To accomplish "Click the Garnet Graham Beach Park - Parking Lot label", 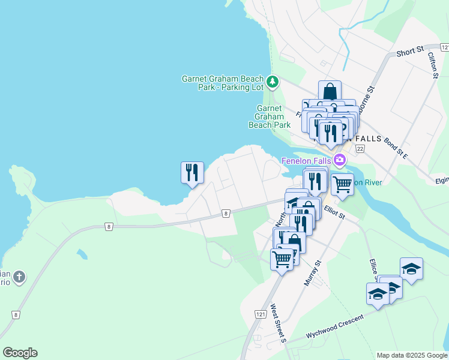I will click(x=223, y=83).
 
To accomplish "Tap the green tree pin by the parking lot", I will click(x=273, y=81).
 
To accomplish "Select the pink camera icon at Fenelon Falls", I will click(x=340, y=160).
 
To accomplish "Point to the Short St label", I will click(x=410, y=52).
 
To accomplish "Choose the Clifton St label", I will click(x=433, y=65).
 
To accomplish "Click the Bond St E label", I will click(x=396, y=147).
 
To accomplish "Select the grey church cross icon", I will click(x=19, y=277).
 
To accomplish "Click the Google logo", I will click(x=20, y=353).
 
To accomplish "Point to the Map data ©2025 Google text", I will click(x=411, y=355).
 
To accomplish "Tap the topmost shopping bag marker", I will click(x=330, y=92).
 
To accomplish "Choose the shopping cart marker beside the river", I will click(x=342, y=184).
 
